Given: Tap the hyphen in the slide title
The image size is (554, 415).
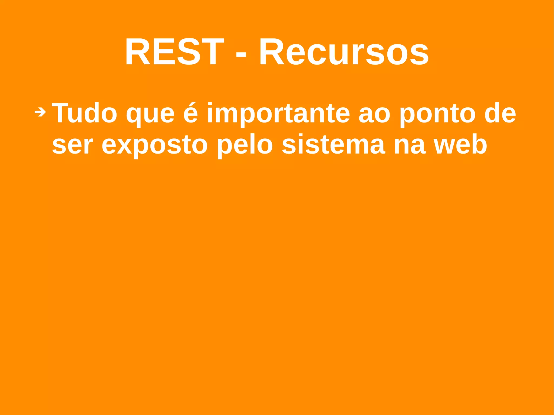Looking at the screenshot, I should tap(241, 53).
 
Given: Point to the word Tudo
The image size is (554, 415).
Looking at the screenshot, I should tap(84, 113).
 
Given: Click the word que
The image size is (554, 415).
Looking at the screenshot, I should tap(150, 115).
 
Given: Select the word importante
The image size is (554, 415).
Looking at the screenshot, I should tap(278, 114).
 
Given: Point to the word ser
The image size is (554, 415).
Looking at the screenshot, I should tap(72, 145).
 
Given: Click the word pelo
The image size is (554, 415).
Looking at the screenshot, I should tap(245, 145).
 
